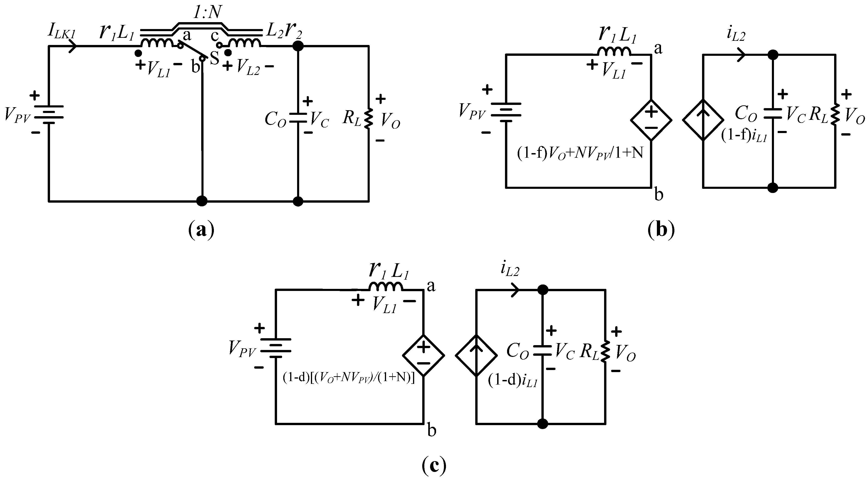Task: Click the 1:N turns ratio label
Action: [207, 13]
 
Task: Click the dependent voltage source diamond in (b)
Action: [651, 120]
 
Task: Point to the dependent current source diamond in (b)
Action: [703, 120]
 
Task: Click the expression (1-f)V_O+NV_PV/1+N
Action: [580, 153]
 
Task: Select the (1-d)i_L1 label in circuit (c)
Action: [512, 381]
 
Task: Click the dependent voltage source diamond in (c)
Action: [424, 355]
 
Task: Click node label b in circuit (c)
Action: [432, 430]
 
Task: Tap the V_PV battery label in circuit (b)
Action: [472, 111]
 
